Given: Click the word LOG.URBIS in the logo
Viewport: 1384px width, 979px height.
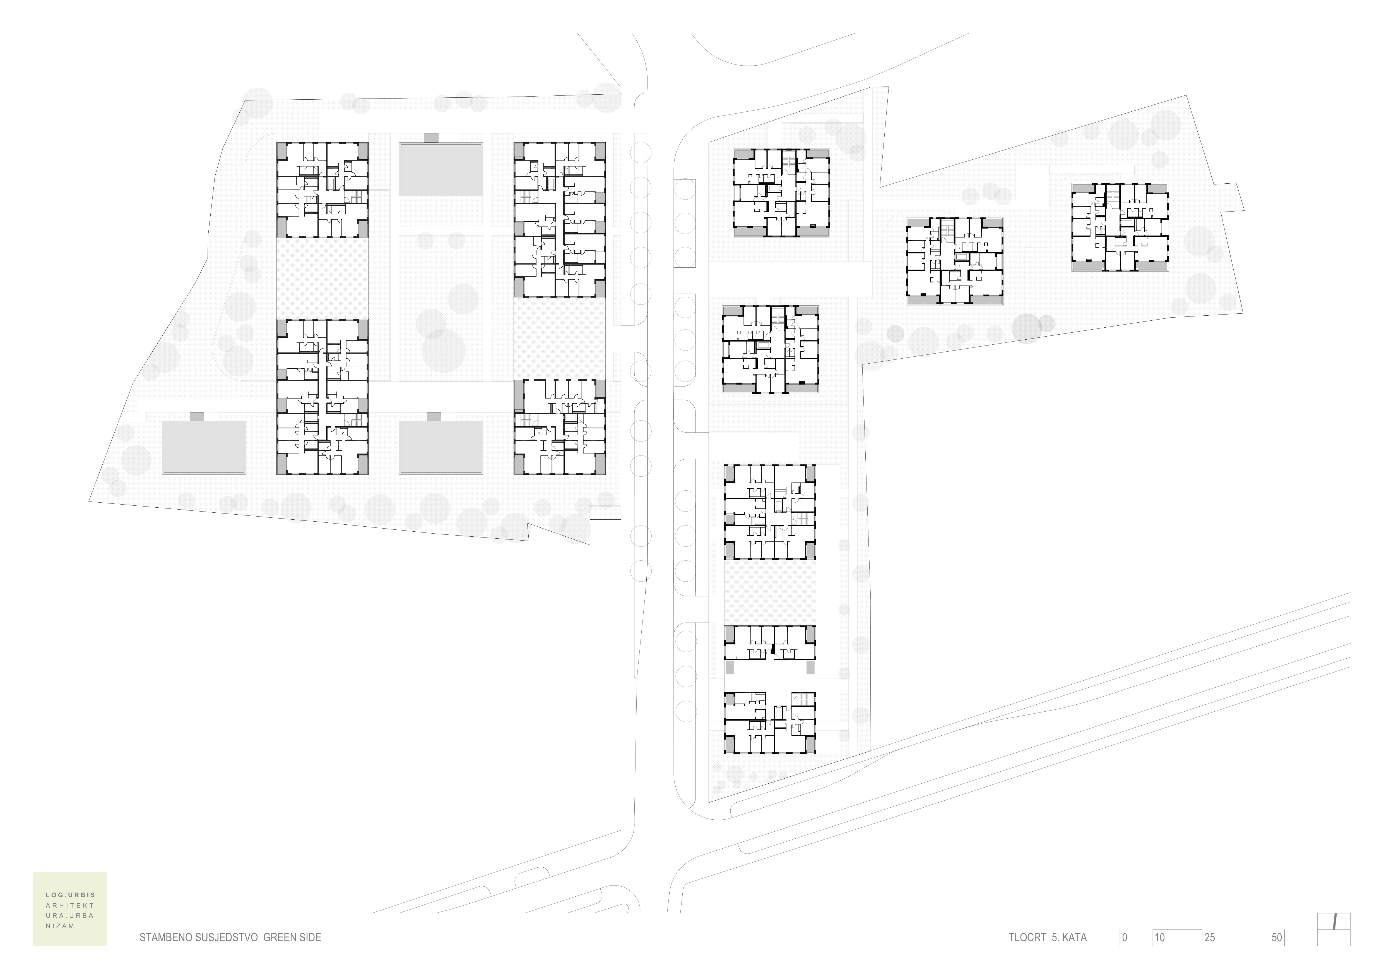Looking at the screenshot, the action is [71, 895].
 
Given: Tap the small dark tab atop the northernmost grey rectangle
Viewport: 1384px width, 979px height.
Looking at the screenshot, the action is [431, 138].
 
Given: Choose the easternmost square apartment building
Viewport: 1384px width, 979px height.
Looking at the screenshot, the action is [1120, 227].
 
